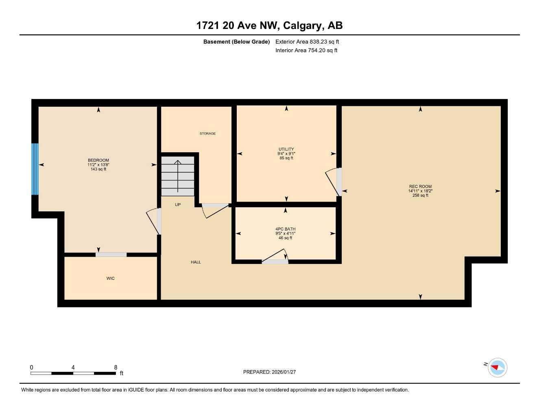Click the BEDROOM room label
[x=98, y=160]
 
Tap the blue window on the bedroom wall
[x=35, y=169]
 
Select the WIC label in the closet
[x=111, y=279]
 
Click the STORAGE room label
[x=207, y=134]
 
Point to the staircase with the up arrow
[x=178, y=176]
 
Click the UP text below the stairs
[x=178, y=205]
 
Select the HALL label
[x=196, y=262]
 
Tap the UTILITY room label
[x=286, y=149]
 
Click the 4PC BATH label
[x=285, y=229]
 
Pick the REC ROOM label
[x=420, y=187]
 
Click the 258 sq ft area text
[x=420, y=195]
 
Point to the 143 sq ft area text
[x=98, y=169]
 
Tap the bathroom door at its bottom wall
[x=275, y=257]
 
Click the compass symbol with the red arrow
[x=497, y=367]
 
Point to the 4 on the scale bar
[x=73, y=367]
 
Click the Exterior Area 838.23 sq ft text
[x=307, y=42]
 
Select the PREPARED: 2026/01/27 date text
[x=269, y=372]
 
